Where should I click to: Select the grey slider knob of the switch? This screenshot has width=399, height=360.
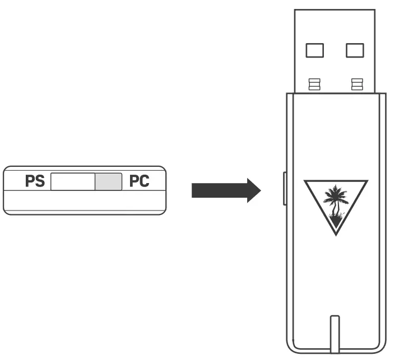(x=108, y=182)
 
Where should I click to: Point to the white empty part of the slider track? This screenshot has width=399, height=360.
(x=73, y=182)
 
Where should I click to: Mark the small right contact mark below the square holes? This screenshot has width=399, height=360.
(x=355, y=84)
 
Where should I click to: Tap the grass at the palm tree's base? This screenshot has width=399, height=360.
(x=336, y=225)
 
